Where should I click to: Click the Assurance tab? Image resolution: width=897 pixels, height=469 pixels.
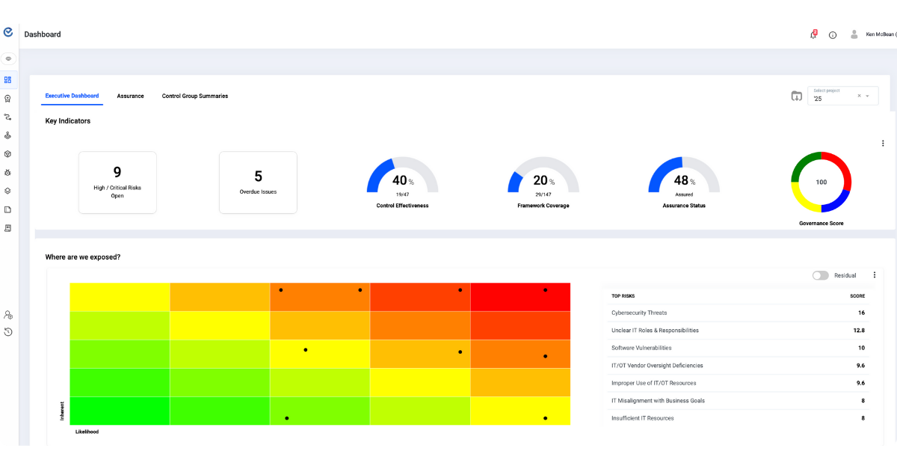(130, 96)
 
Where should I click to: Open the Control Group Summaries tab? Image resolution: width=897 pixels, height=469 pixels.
(195, 96)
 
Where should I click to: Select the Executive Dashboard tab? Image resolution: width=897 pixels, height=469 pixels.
(72, 96)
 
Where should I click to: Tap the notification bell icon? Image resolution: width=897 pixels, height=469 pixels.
(813, 34)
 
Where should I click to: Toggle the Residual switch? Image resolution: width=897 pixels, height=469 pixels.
(821, 275)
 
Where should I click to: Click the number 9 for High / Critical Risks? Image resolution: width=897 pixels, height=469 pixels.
(117, 172)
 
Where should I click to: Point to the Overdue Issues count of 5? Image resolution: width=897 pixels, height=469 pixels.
(258, 177)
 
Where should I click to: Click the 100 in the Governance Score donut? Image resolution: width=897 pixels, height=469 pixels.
(822, 183)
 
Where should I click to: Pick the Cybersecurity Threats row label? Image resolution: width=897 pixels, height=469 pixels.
(639, 313)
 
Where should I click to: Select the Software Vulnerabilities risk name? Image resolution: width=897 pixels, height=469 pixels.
(641, 348)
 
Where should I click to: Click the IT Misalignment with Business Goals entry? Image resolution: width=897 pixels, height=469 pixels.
(658, 400)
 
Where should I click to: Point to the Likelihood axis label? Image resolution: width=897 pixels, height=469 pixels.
(87, 432)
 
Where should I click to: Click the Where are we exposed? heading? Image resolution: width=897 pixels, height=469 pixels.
(83, 257)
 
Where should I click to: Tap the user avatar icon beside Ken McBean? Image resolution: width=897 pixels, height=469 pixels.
(854, 34)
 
